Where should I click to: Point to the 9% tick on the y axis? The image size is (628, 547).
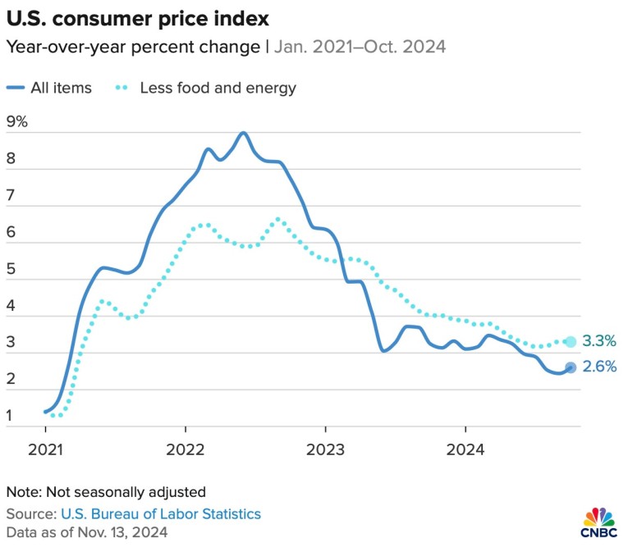pos(16,122)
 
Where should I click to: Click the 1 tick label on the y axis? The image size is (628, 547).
pos(10,417)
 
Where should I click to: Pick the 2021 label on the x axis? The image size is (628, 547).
pos(45,449)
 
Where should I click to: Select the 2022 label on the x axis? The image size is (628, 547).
pos(185,449)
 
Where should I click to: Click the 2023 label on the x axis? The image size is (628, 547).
pos(325,449)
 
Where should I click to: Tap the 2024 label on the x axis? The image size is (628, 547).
pos(465,449)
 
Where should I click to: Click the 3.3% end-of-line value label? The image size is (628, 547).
pos(599,341)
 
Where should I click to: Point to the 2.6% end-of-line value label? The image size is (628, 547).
pos(599,367)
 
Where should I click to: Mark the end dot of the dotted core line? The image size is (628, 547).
pos(571,341)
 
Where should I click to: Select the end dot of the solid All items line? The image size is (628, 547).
pos(571,367)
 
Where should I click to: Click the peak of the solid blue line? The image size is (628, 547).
pos(244,133)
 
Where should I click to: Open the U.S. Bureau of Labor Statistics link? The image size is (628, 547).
pos(161,513)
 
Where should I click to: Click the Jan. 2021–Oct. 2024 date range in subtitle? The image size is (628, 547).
pos(359,47)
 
